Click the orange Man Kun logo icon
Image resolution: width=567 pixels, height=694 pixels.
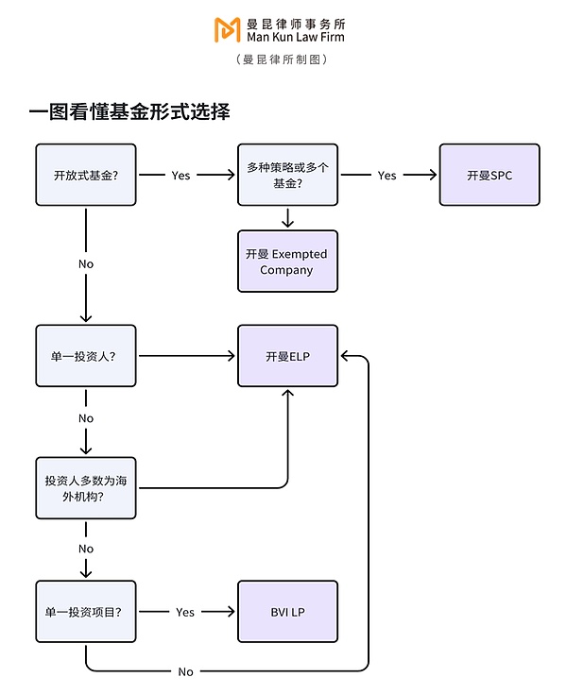227,29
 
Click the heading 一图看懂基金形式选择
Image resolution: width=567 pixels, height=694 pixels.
129,112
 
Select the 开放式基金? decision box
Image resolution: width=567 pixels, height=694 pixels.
86,175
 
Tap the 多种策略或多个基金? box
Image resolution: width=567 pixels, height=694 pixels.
287,175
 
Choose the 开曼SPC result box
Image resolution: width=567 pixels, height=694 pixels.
490,175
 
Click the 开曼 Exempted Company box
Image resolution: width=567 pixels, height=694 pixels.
287,262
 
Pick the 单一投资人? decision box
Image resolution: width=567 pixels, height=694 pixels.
86,356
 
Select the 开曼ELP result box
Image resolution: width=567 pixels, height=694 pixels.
287,356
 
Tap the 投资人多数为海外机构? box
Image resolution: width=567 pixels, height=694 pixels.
86,487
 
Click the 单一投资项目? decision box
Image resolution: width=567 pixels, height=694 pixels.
86,612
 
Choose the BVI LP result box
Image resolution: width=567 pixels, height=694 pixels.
287,612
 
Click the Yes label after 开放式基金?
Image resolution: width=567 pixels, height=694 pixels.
180,175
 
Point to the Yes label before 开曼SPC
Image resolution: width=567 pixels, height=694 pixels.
387,175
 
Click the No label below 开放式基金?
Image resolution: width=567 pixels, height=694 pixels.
86,263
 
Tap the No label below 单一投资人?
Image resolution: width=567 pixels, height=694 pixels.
86,418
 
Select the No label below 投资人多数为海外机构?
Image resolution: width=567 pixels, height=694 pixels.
86,549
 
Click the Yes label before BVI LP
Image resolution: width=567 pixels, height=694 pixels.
185,612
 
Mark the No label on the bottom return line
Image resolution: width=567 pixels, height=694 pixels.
185,671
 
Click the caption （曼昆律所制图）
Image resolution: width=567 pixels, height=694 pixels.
283,59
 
